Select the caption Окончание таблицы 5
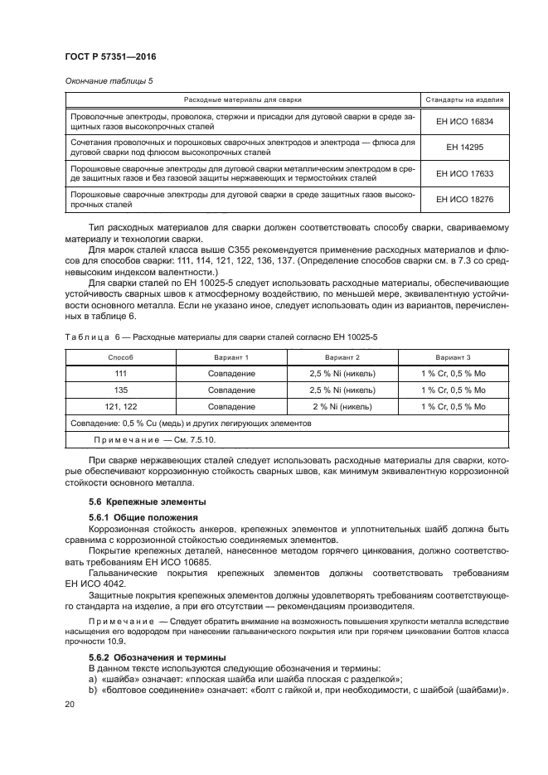(x=108, y=80)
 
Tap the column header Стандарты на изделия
(x=464, y=99)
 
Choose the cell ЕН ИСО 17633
(x=464, y=174)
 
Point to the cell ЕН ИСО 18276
(x=464, y=199)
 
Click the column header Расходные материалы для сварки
(x=243, y=99)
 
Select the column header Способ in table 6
(x=121, y=356)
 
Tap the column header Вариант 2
(x=342, y=356)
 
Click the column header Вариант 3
(x=453, y=356)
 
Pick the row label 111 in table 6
(x=121, y=373)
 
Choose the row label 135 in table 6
(x=121, y=390)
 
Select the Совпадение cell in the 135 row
(x=232, y=390)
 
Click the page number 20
(x=69, y=703)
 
